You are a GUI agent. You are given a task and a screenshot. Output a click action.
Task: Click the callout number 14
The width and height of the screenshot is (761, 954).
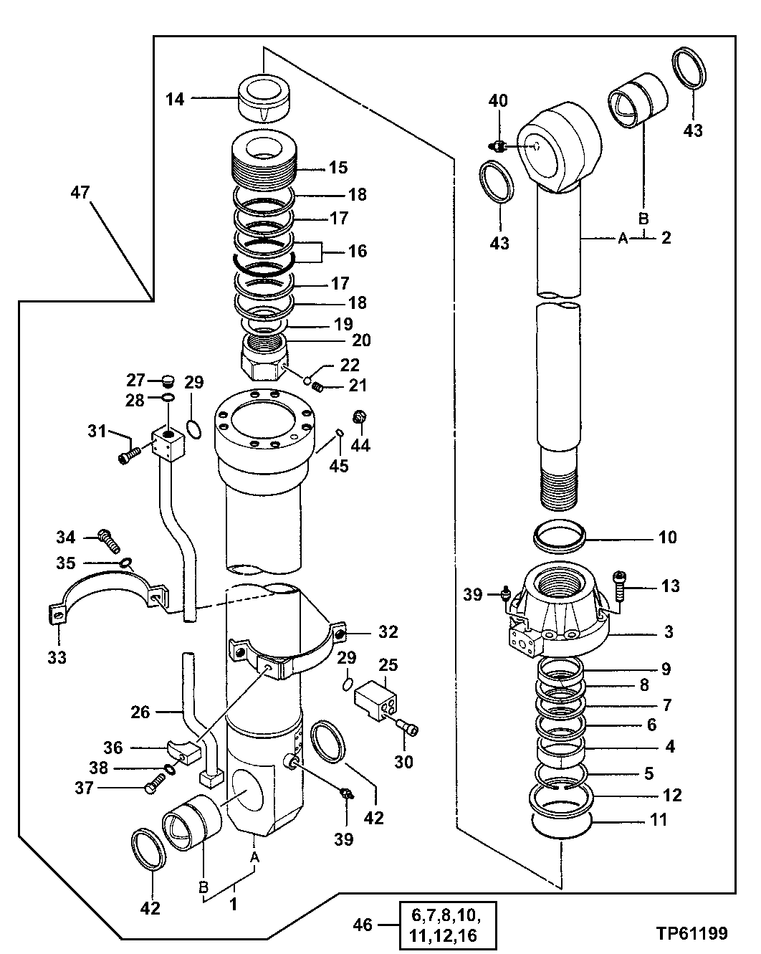[x=175, y=99]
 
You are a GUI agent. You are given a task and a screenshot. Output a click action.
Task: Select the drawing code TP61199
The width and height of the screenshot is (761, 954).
[x=691, y=933]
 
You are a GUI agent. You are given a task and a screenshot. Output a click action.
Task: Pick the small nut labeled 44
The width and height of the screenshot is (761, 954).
[x=360, y=417]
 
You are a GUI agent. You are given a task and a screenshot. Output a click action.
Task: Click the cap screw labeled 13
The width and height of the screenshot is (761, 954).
[x=621, y=587]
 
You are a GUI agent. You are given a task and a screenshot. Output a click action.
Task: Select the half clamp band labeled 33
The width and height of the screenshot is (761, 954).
[x=107, y=595]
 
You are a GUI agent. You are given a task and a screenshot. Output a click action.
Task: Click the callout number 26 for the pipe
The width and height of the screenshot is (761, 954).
[x=140, y=712]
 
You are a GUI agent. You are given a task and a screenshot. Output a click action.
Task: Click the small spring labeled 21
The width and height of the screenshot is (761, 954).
[x=320, y=388]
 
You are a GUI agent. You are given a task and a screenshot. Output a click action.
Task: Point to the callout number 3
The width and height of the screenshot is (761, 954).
[x=667, y=632]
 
